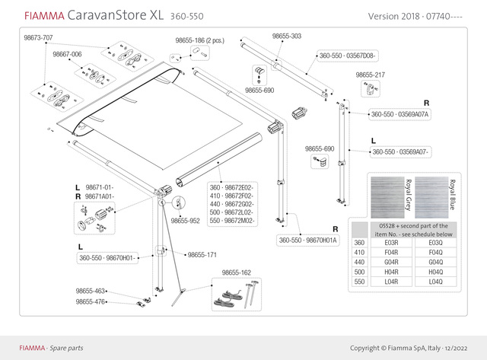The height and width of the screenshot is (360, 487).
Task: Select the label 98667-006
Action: (67, 55)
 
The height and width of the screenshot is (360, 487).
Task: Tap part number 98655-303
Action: (287, 36)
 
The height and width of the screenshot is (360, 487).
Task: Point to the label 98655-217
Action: (370, 75)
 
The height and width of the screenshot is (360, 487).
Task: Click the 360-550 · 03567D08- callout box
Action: (346, 56)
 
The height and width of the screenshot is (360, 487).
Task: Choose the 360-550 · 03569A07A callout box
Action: (400, 114)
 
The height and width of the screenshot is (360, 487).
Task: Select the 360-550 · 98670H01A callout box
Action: (308, 240)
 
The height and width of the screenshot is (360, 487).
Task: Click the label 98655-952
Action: (185, 221)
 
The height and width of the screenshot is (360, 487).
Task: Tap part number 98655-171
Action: (202, 255)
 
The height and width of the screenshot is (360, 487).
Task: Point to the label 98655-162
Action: (237, 272)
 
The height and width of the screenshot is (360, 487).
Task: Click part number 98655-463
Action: (90, 292)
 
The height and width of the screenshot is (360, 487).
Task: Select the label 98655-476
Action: (90, 301)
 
